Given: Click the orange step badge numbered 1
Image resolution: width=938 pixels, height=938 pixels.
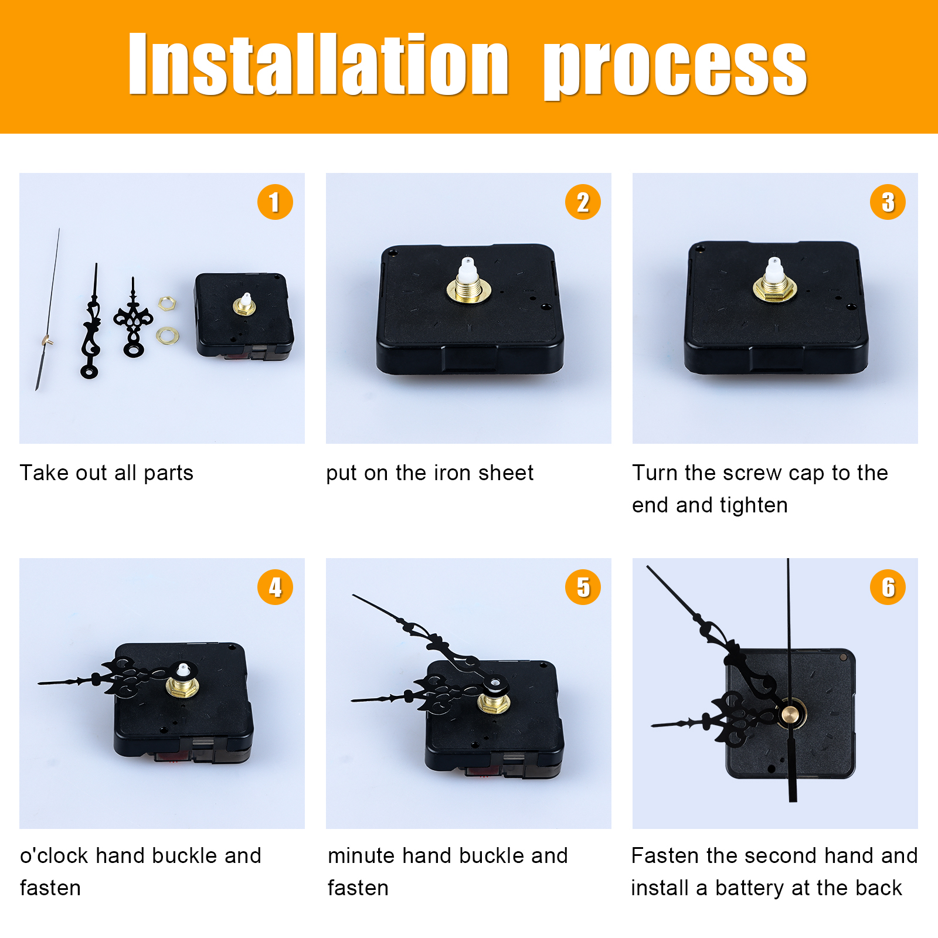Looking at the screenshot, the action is tap(275, 202).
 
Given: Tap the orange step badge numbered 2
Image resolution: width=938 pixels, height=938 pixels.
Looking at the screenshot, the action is tap(583, 202).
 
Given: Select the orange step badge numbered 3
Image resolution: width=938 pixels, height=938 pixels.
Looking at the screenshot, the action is tap(888, 202).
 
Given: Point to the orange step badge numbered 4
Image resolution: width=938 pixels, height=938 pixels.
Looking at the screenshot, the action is tap(275, 587).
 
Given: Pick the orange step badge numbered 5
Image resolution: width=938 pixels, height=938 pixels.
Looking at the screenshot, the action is tap(583, 587).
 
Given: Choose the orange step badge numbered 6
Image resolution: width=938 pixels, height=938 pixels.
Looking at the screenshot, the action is tap(888, 587).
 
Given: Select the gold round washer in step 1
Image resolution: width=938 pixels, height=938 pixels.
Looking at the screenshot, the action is tap(168, 335).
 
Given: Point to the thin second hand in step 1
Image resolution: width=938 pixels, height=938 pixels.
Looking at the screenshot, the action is tap(47, 310).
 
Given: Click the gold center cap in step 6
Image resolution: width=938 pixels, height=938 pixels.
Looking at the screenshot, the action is tap(791, 715).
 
